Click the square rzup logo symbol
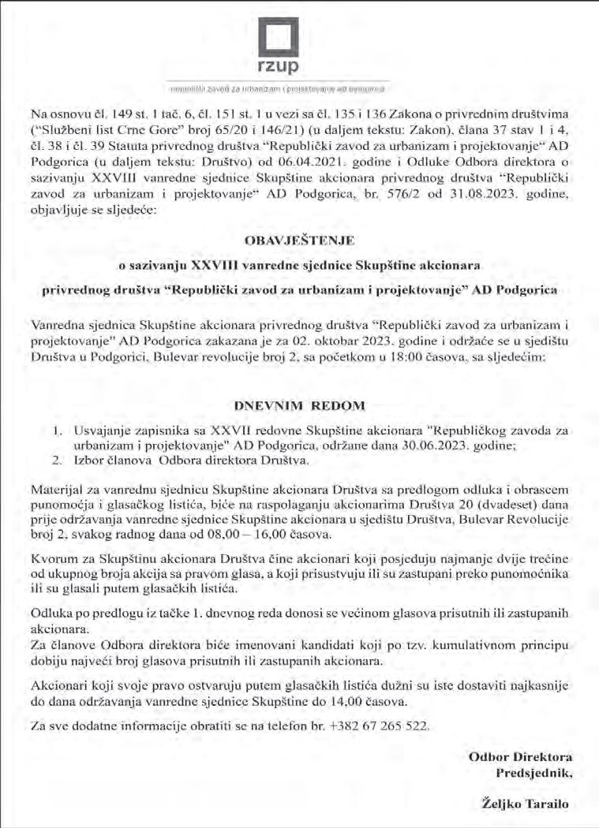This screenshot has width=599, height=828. click(283, 36)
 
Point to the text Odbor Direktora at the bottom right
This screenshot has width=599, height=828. click(521, 756)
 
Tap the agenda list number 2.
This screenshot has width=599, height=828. click(56, 460)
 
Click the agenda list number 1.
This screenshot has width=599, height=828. click(56, 431)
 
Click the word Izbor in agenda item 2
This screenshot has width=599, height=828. click(89, 460)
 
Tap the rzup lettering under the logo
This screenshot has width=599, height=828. click(283, 67)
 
